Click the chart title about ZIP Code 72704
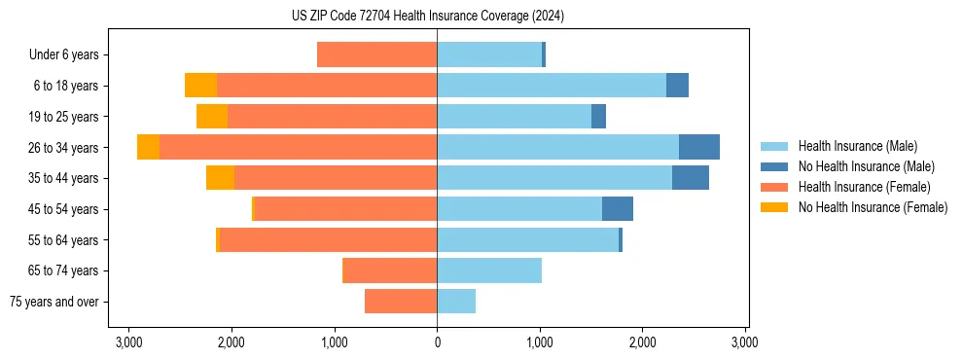tap(427, 17)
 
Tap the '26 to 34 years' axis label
tap(63, 148)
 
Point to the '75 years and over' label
tap(53, 302)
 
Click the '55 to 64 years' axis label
tap(63, 240)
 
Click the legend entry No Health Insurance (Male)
tap(866, 166)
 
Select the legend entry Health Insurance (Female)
tap(864, 187)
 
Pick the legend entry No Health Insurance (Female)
tap(873, 207)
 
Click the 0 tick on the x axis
tap(437, 342)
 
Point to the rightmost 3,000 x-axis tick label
tap(744, 342)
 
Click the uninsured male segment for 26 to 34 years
tap(699, 147)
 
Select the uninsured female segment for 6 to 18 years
tap(200, 86)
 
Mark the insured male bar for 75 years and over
tap(456, 302)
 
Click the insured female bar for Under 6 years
tap(376, 54)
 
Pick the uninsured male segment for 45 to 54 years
tap(618, 209)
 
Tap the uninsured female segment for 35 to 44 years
tap(220, 178)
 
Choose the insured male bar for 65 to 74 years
tap(489, 270)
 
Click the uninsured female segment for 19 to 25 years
tap(212, 117)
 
